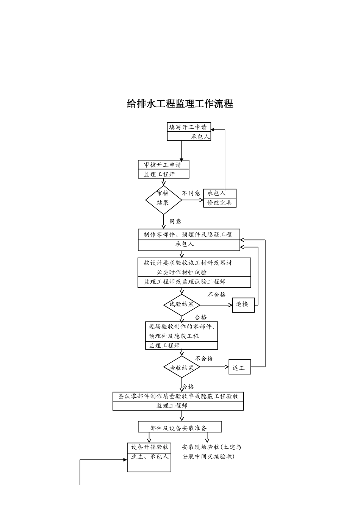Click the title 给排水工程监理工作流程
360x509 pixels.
pyautogui.click(x=180, y=103)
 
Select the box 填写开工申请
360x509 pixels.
pyautogui.click(x=188, y=127)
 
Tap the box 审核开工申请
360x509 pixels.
pyautogui.click(x=163, y=165)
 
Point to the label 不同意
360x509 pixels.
pyautogui.click(x=191, y=193)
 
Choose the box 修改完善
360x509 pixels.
pyautogui.click(x=220, y=203)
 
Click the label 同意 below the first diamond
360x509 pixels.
pyautogui.click(x=175, y=222)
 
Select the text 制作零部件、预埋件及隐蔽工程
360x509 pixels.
pyautogui.click(x=188, y=234)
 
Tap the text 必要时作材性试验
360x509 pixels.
pyautogui.click(x=182, y=272)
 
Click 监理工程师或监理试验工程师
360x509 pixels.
pyautogui.click(x=185, y=282)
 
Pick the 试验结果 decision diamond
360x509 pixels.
pyautogui.click(x=182, y=304)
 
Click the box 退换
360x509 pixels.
pyautogui.click(x=243, y=304)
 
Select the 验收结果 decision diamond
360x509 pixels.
pyautogui.click(x=182, y=367)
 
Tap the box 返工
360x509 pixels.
pyautogui.click(x=239, y=367)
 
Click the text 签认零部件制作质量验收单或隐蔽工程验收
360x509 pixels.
pyautogui.click(x=178, y=397)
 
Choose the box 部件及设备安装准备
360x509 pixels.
pyautogui.click(x=180, y=428)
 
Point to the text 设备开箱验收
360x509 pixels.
pyautogui.click(x=149, y=447)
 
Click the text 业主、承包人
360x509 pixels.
pyautogui.click(x=149, y=457)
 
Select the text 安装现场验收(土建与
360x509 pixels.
pyautogui.click(x=211, y=447)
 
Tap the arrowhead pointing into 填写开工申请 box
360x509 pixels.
pyautogui.click(x=213, y=130)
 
